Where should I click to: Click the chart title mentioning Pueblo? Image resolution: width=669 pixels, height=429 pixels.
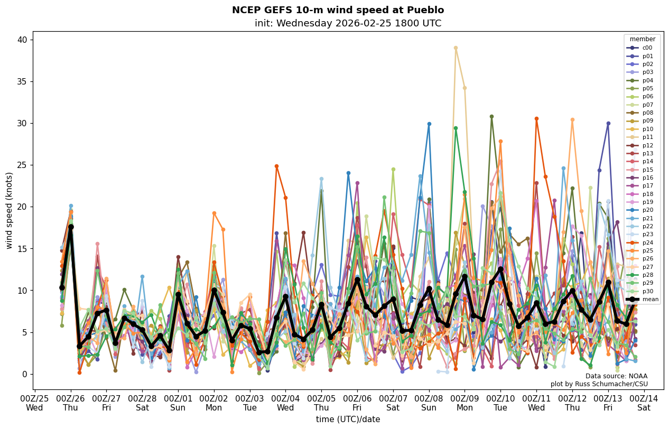(338, 10)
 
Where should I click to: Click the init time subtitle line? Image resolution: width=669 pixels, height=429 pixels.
(348, 23)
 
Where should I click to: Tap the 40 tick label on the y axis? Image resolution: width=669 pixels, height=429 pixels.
(23, 40)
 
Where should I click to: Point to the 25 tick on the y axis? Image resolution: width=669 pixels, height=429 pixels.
(23, 165)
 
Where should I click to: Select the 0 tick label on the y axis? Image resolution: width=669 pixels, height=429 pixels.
(25, 374)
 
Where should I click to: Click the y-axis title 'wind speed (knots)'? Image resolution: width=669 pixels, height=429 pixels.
(10, 210)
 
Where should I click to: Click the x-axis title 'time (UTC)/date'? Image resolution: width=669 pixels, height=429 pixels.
(348, 419)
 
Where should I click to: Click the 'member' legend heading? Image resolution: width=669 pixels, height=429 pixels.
(642, 39)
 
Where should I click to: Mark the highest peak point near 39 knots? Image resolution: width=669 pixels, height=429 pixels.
(456, 48)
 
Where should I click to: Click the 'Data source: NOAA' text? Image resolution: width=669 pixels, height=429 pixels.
(616, 376)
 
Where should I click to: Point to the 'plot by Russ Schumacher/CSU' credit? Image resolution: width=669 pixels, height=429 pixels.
(599, 384)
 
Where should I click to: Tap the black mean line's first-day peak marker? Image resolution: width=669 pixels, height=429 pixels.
(71, 227)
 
